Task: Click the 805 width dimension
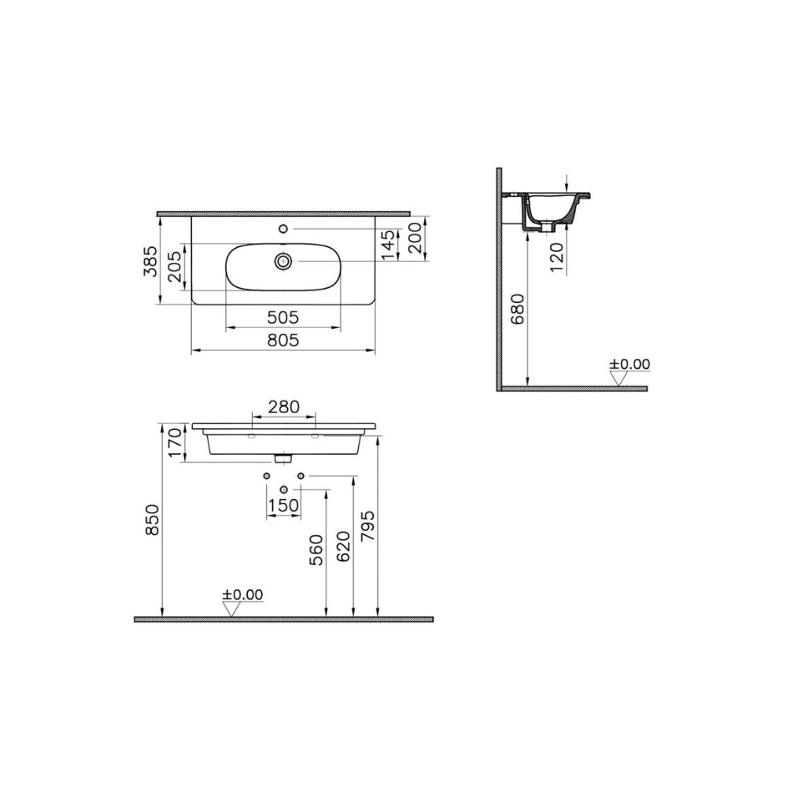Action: (283, 340)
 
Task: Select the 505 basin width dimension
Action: (283, 317)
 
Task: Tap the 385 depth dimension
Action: (150, 261)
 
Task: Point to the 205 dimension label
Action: (175, 267)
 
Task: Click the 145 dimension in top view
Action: (389, 245)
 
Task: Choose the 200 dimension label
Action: (416, 238)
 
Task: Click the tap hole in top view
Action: (283, 229)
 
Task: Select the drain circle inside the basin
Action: (283, 260)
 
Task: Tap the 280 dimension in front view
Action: (283, 407)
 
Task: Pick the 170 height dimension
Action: (174, 442)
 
